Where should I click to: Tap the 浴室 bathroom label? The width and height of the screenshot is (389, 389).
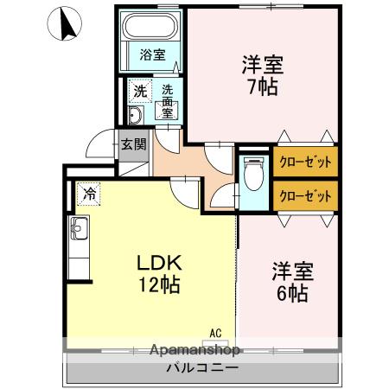(151, 54)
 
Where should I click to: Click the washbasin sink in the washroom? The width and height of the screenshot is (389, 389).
(136, 117)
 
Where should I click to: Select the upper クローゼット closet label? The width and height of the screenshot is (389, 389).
(304, 162)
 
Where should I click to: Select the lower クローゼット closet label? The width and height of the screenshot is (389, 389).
(304, 195)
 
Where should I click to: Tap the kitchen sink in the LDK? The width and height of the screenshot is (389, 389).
(77, 231)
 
